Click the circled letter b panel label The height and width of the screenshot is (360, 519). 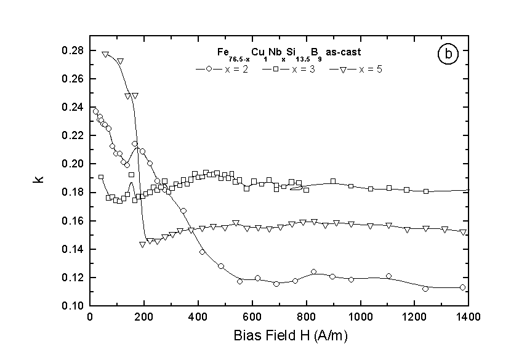click(x=448, y=55)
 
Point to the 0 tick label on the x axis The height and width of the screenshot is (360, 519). click(x=90, y=318)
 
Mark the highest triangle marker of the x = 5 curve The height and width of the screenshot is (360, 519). click(x=105, y=54)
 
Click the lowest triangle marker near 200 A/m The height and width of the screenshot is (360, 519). click(x=142, y=244)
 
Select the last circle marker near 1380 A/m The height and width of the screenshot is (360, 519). click(x=462, y=287)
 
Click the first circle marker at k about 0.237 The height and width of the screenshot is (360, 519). click(x=95, y=111)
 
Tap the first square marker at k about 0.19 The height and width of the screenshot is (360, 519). click(x=101, y=177)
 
